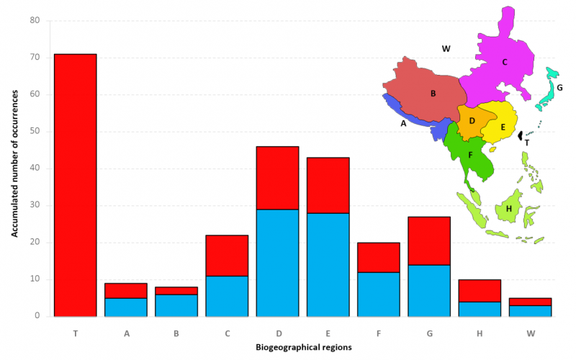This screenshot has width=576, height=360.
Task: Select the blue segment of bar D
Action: coord(277,263)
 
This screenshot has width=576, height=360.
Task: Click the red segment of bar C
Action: coord(227,255)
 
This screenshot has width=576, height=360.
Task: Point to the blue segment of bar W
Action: coord(530,310)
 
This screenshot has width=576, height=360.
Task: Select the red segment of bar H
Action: coord(480,290)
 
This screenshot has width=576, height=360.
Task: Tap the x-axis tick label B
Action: coord(176,333)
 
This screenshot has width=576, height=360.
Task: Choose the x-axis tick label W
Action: coord(530,333)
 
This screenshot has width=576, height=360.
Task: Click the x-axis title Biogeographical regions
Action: coord(302,348)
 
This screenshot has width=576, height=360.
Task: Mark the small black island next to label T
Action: coord(521,137)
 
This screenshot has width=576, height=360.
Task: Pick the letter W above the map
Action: coord(446,49)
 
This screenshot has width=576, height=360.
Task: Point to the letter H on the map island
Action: coord(509,209)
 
